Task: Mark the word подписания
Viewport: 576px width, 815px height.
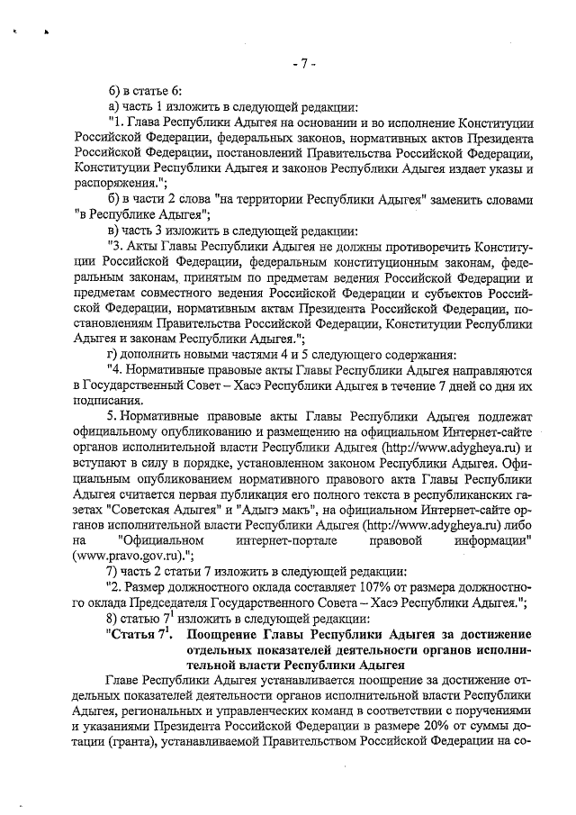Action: point(107,401)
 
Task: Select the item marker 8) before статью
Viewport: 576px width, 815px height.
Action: point(112,618)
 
